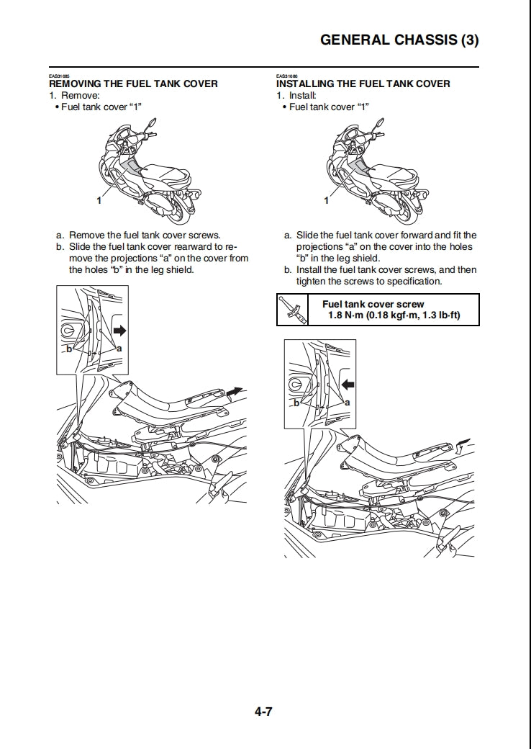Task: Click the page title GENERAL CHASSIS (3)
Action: coord(399,40)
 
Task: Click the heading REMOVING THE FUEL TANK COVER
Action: coord(133,84)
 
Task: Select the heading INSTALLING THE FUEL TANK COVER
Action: coord(363,84)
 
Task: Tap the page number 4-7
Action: coord(263,713)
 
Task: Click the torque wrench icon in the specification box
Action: coord(291,310)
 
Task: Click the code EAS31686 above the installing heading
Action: coord(286,76)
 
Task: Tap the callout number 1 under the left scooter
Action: coord(99,201)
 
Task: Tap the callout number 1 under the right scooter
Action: coord(327,201)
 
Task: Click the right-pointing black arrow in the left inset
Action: coord(119,331)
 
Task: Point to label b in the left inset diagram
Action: coord(68,349)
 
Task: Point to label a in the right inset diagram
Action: coord(347,402)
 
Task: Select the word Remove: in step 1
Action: coord(80,95)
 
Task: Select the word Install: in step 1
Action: coord(302,95)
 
